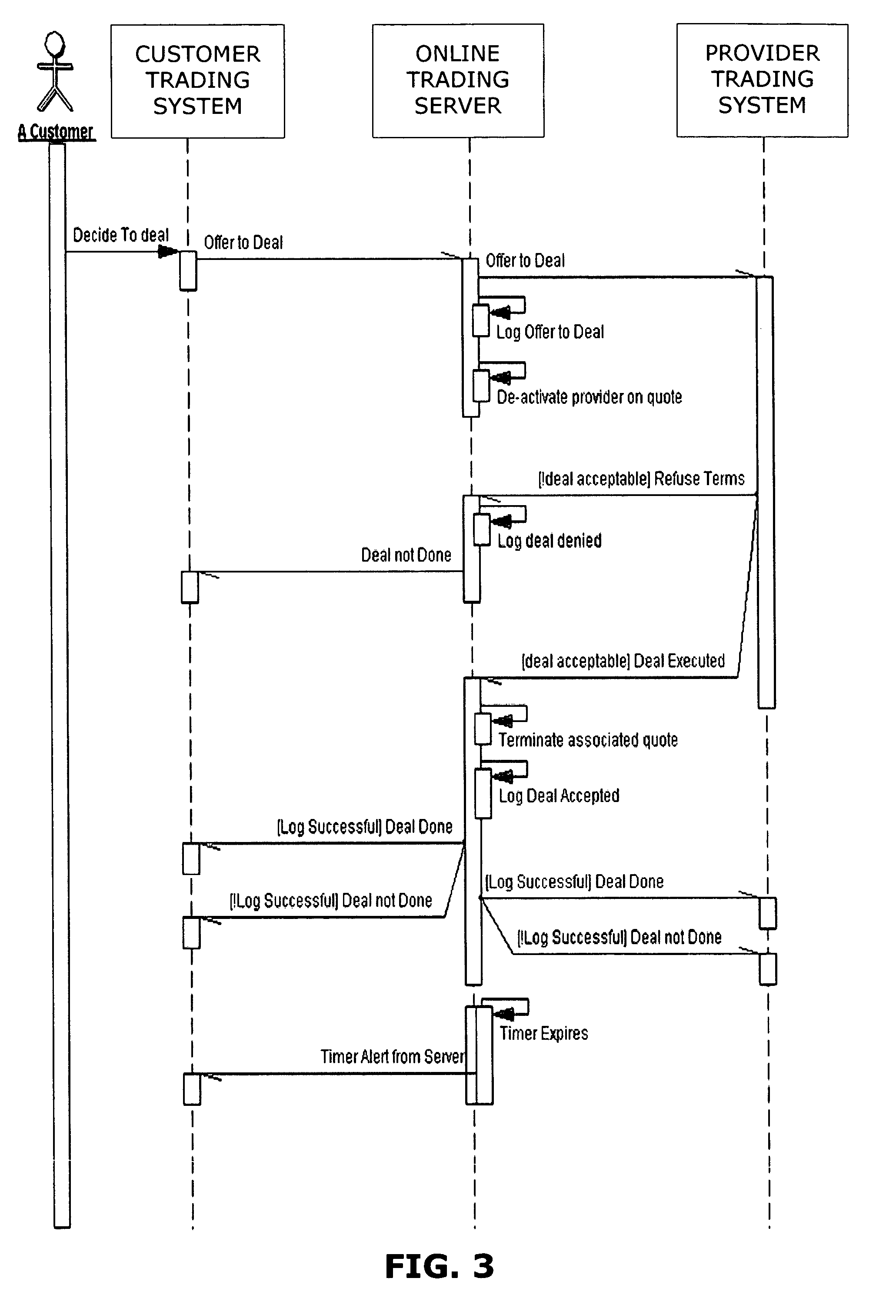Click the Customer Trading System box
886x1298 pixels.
(x=198, y=81)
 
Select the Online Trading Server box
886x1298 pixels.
(x=458, y=80)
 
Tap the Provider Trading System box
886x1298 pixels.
(x=762, y=80)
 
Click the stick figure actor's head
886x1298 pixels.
(x=54, y=43)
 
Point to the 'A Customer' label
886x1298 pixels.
(x=56, y=132)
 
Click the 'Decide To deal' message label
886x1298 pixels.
(x=121, y=235)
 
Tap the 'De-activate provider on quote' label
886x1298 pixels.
(x=590, y=397)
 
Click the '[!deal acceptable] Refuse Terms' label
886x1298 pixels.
(x=641, y=479)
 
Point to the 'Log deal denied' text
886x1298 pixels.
(x=550, y=541)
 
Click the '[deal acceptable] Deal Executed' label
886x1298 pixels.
(x=623, y=661)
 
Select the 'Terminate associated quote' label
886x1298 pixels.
(x=588, y=740)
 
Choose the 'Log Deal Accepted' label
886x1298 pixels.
(x=559, y=796)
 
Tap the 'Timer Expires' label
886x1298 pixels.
(x=543, y=1033)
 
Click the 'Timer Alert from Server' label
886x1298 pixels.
(x=392, y=1057)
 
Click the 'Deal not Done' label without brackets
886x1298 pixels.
(x=406, y=555)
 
